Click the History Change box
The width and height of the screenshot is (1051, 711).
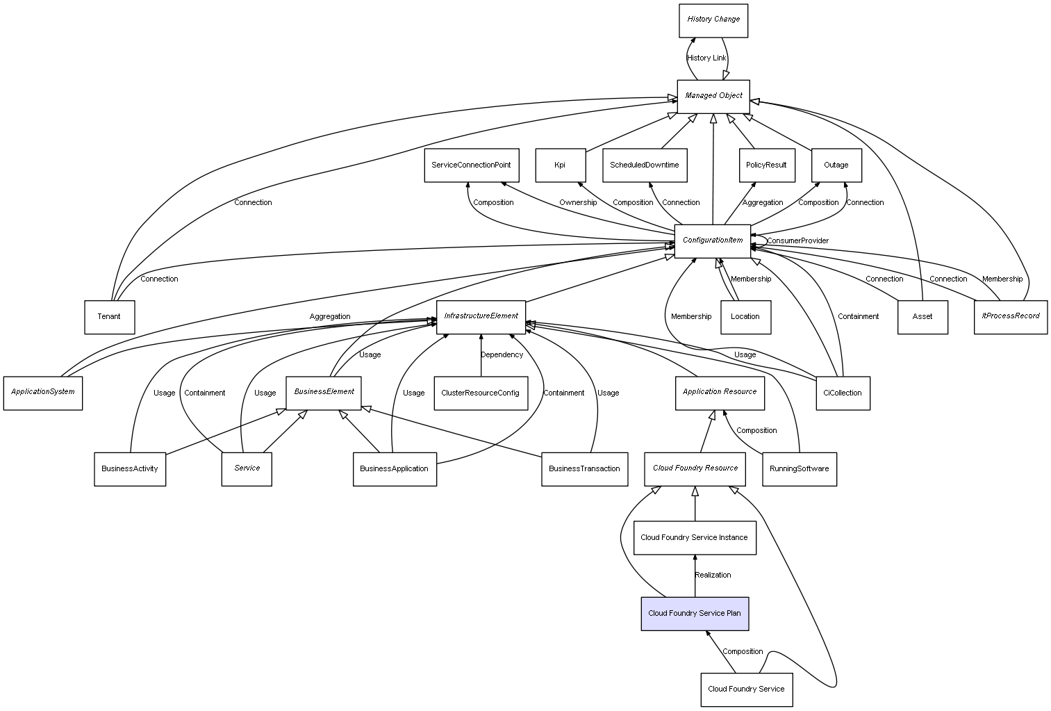point(713,20)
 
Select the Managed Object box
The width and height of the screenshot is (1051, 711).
point(713,96)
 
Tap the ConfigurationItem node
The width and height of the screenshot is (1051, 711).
point(713,240)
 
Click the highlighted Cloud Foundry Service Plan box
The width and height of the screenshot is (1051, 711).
point(695,613)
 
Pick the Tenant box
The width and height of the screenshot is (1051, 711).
point(109,317)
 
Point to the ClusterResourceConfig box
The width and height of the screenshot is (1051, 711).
point(480,393)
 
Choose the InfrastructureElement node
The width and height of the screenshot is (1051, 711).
point(481,316)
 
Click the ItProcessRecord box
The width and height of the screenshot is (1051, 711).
point(1010,316)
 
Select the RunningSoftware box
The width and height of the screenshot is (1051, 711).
point(799,468)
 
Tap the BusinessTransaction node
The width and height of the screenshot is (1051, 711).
point(584,468)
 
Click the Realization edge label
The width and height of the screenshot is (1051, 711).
point(713,575)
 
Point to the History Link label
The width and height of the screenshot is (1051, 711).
point(706,58)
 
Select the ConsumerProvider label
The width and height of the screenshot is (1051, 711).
point(797,240)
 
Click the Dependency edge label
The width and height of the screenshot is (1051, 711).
point(502,354)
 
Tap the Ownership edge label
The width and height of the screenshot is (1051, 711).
point(578,202)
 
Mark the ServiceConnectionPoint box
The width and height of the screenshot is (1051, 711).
point(471,165)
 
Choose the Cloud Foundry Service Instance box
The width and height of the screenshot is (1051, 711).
point(695,538)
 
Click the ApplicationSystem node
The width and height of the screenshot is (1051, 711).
point(43,393)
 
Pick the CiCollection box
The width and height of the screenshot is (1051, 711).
point(843,393)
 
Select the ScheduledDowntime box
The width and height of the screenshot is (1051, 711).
point(645,165)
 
